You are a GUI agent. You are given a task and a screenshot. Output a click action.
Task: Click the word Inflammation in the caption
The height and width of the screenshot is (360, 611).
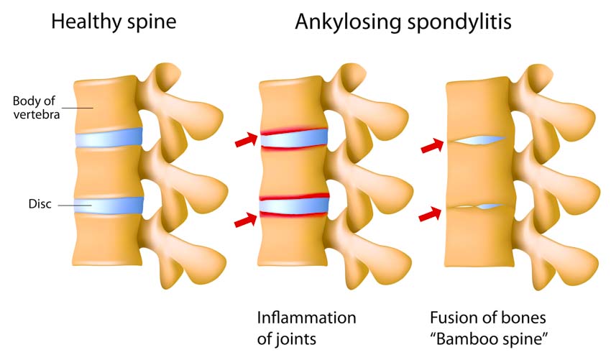click(x=306, y=318)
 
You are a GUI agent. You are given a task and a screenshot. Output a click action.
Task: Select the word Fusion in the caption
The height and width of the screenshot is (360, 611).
click(x=450, y=318)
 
